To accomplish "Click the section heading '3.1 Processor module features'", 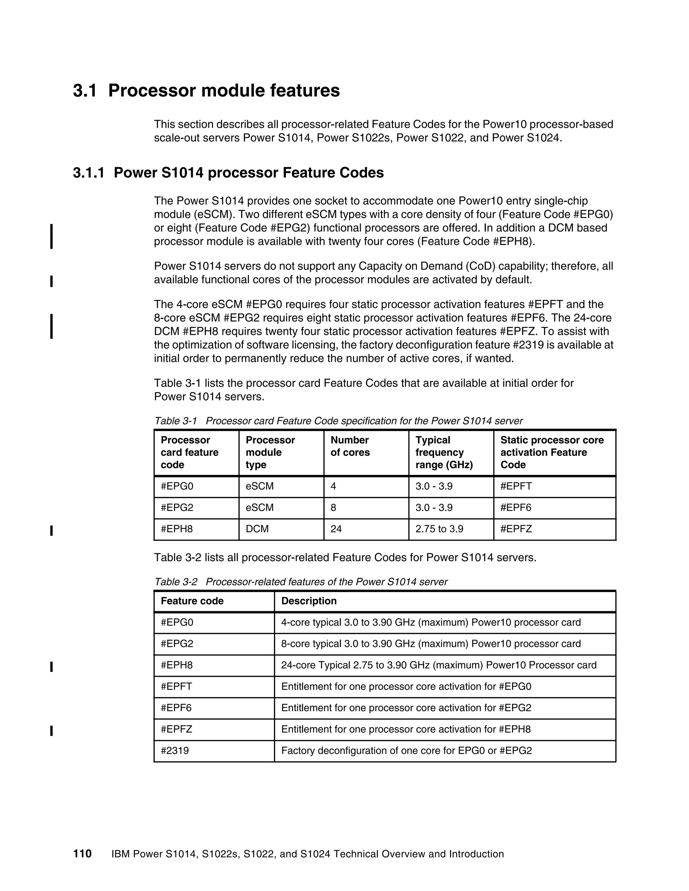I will pyautogui.click(x=206, y=90).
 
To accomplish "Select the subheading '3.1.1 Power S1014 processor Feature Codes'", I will pyautogui.click(x=228, y=172).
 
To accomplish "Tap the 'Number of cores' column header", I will pyautogui.click(x=350, y=446).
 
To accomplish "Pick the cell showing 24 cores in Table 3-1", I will pyautogui.click(x=336, y=529).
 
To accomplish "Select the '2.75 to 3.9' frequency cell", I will pyautogui.click(x=439, y=529).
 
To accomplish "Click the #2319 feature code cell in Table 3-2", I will pyautogui.click(x=175, y=751).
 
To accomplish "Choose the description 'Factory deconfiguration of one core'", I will pyautogui.click(x=406, y=751).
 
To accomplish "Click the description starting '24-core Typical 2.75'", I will pyautogui.click(x=438, y=665).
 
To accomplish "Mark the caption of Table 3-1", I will pyautogui.click(x=338, y=421).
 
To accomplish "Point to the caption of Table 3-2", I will pyautogui.click(x=301, y=582).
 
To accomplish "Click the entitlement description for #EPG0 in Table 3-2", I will pyautogui.click(x=406, y=687).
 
